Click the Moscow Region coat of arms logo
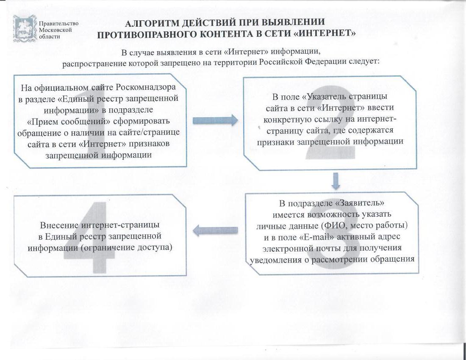pos(25,29)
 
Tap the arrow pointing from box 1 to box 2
pos(216,120)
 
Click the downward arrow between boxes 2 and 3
pos(336,181)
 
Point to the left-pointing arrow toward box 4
pos(216,230)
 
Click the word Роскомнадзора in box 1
pos(146,87)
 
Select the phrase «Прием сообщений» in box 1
pos(69,122)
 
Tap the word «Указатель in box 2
pos(325,97)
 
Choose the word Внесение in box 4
pos(59,225)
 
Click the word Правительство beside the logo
pos(59,23)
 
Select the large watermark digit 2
pos(330,122)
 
